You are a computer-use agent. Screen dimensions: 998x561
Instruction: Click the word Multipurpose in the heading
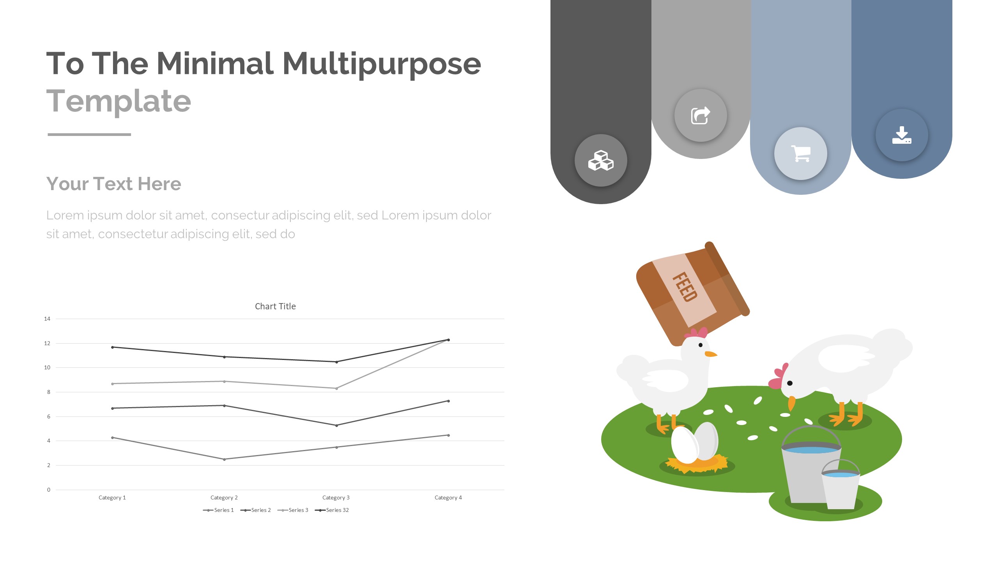(x=382, y=64)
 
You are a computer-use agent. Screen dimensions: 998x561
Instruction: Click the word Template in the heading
(x=119, y=101)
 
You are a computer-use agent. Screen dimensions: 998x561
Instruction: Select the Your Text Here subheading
(x=114, y=183)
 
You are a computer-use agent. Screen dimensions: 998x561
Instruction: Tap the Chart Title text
(x=275, y=306)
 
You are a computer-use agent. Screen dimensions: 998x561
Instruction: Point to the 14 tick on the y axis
(x=47, y=319)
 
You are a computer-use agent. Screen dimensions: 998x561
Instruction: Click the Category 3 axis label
(x=336, y=497)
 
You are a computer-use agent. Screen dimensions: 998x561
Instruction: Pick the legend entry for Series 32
(x=332, y=510)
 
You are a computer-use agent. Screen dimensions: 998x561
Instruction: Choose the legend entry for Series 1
(x=218, y=510)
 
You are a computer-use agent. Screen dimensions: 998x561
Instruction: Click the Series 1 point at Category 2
(x=224, y=459)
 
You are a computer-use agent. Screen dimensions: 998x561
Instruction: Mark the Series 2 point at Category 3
(x=336, y=425)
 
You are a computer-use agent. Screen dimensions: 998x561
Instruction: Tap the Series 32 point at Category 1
(x=113, y=347)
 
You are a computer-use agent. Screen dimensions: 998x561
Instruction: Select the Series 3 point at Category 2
(x=224, y=381)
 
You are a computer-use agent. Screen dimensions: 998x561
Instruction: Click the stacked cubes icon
(x=601, y=161)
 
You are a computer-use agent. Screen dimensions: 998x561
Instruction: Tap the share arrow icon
(x=701, y=116)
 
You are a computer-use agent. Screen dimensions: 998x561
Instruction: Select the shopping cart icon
(x=801, y=153)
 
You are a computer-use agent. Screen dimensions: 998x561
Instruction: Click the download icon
(x=902, y=135)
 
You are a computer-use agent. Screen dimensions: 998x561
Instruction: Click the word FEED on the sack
(x=685, y=287)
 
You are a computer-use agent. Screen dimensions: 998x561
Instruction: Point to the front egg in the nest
(x=685, y=445)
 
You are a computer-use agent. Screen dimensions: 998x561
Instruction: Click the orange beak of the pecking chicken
(x=791, y=404)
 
